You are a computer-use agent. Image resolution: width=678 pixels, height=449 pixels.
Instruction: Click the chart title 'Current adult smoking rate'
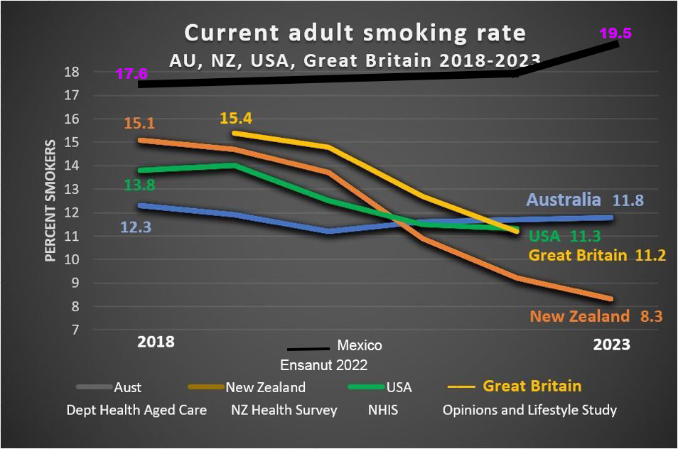[x=355, y=33]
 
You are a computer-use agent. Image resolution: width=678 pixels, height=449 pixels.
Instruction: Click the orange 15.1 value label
[x=139, y=123]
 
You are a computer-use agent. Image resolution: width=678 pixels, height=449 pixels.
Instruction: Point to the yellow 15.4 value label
[x=236, y=117]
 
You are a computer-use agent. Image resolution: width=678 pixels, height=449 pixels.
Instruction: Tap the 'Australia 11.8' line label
[x=584, y=200]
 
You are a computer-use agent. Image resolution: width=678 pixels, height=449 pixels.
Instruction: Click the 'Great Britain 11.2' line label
[x=597, y=255]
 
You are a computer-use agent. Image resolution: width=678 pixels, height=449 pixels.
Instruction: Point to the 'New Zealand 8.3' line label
[x=596, y=316]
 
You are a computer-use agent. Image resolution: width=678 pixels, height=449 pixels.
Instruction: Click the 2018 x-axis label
[x=156, y=342]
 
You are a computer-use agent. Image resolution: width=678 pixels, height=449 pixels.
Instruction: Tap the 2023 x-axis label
[x=611, y=345]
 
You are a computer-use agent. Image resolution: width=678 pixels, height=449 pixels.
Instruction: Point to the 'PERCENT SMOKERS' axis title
[x=50, y=200]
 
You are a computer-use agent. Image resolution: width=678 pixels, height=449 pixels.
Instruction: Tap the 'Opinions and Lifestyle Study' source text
[x=529, y=410]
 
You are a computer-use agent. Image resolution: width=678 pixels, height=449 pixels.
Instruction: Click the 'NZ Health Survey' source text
[x=284, y=410]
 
